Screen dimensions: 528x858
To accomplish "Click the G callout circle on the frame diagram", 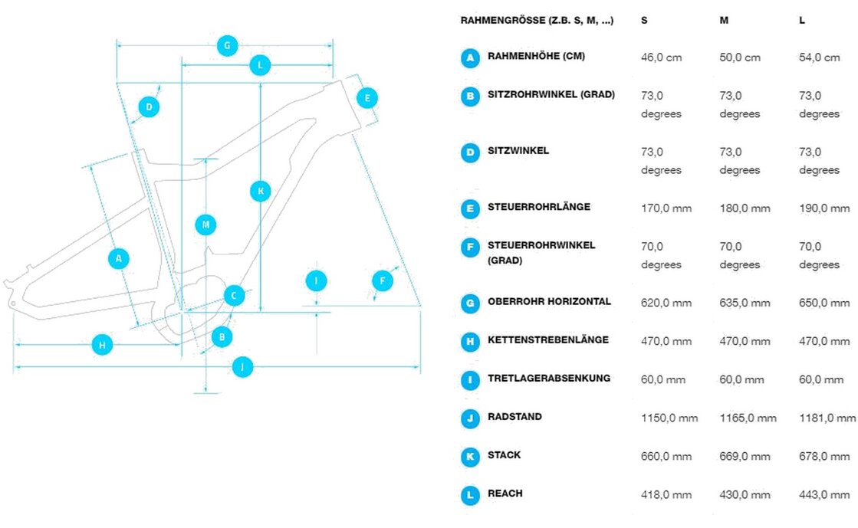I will [226, 46].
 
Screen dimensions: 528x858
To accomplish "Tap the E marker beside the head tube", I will [367, 98].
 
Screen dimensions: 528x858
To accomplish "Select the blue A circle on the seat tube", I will [118, 259].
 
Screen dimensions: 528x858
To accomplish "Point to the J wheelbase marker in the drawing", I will [242, 367].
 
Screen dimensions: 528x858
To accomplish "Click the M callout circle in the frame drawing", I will [205, 225].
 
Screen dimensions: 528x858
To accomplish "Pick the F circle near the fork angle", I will [382, 281].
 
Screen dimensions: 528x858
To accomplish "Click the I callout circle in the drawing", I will [316, 281].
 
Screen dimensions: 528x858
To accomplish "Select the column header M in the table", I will [724, 21].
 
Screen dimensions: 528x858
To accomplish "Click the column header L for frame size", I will [802, 21].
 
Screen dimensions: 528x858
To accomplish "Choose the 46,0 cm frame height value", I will [661, 57].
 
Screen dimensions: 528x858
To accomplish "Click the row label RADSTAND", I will [514, 417].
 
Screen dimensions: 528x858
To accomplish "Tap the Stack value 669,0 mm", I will [745, 457].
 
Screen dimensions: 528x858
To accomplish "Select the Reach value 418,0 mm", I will [666, 495].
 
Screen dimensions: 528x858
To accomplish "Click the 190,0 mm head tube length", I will [823, 208].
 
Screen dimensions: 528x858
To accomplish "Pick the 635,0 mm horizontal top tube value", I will [745, 303].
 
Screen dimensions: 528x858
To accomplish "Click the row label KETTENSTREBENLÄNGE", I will [548, 340].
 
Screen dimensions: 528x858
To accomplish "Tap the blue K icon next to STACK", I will [470, 457].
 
